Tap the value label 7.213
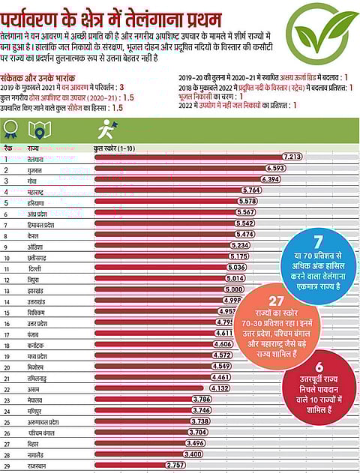click(x=292, y=157)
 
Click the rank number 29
click(x=7, y=466)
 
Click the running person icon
click(x=109, y=128)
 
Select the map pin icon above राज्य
click(x=38, y=129)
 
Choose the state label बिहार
click(x=35, y=443)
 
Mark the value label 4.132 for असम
click(x=219, y=388)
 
